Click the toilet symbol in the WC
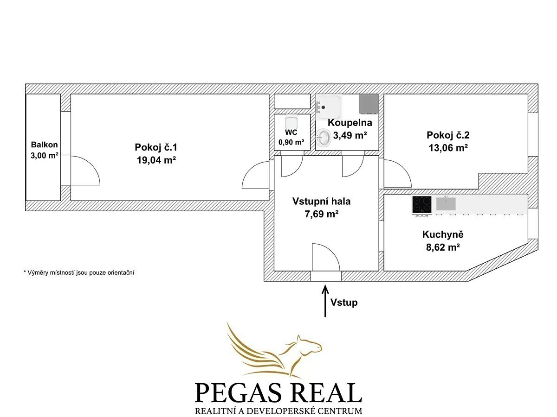point(291,122)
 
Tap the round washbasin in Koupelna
point(324,138)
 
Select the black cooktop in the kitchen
point(422,205)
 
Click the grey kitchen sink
point(446,203)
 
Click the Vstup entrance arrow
point(325,301)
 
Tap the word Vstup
point(344,302)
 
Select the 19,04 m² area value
point(156,160)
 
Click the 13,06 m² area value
point(448,148)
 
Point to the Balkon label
point(45,145)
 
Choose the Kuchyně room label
point(443,234)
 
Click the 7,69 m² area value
point(322,214)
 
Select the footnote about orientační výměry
point(79,273)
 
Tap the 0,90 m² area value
point(291,142)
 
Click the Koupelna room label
point(350,122)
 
